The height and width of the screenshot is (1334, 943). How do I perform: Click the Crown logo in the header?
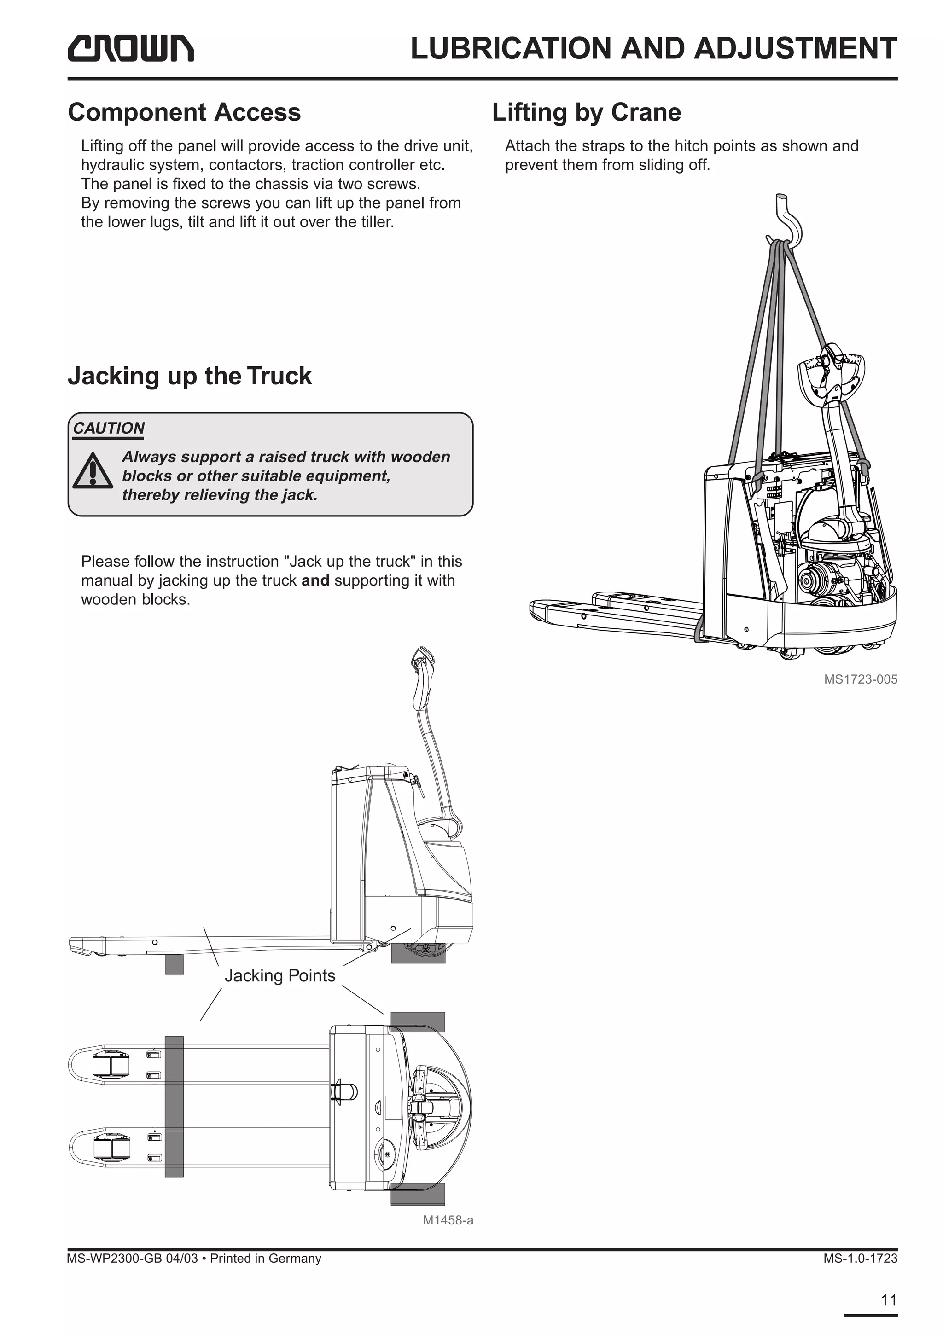131,48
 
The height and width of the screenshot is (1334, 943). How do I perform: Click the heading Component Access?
184,112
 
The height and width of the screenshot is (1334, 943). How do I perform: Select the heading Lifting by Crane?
586,112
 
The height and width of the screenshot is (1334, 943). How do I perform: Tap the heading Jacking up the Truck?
189,376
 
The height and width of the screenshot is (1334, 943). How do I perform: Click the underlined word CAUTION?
109,428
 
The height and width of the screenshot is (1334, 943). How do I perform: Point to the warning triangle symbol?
93,471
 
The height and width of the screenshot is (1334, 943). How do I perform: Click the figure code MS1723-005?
861,679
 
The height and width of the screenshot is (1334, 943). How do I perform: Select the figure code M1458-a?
448,1220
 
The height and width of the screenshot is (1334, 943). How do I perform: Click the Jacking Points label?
280,975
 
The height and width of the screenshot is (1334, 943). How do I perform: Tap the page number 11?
888,1300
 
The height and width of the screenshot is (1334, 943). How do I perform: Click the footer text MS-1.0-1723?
860,1259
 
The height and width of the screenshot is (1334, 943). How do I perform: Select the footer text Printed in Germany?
266,1259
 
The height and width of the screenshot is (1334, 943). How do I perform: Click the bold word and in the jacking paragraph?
315,580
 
